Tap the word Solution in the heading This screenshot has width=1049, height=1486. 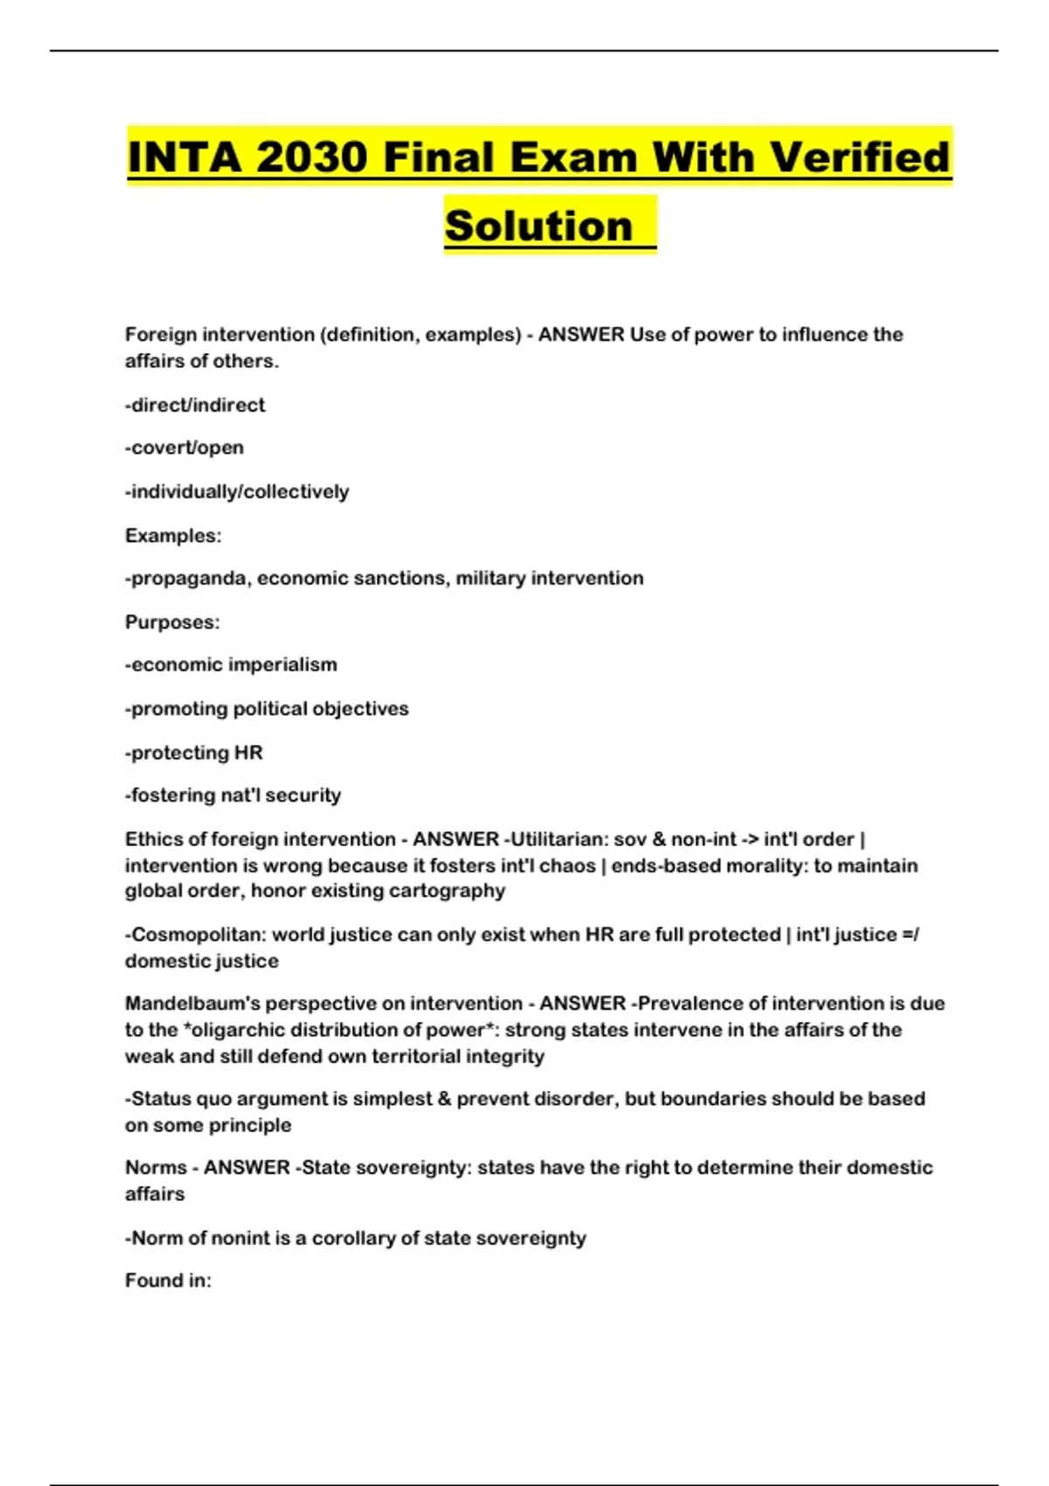tap(538, 226)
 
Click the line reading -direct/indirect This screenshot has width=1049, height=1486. tap(195, 405)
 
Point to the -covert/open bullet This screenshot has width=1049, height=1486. tap(184, 448)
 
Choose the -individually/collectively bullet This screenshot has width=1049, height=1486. tap(237, 491)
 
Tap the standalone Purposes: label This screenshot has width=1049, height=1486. tap(172, 622)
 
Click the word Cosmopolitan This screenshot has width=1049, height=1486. tap(197, 934)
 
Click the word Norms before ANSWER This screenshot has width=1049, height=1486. tap(155, 1168)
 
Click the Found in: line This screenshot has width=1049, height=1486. tap(168, 1281)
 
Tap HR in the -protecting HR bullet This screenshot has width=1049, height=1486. tap(248, 753)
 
